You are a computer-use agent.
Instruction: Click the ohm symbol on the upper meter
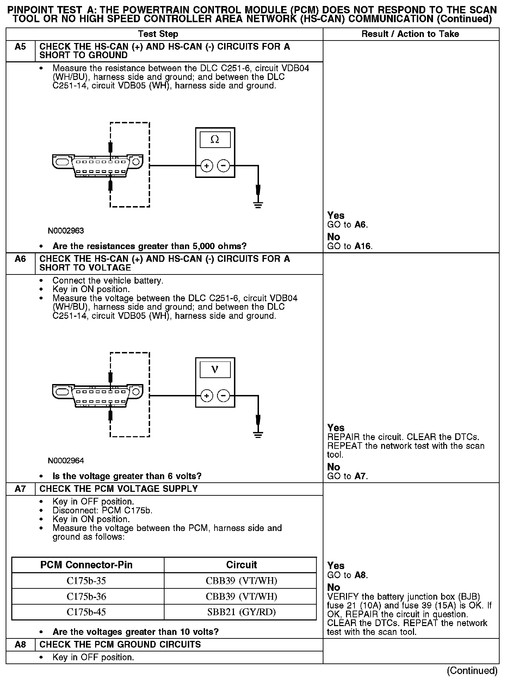click(215, 140)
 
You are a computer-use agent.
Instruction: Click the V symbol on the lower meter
click(215, 370)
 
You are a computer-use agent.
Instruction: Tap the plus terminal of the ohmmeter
click(207, 166)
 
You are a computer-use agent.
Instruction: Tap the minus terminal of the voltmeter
click(224, 396)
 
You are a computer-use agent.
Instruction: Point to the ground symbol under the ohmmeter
click(258, 204)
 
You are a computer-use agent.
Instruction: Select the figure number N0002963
click(66, 231)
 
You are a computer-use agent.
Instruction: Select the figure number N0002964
click(66, 460)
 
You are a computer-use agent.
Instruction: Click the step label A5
click(20, 47)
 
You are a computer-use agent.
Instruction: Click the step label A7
click(20, 489)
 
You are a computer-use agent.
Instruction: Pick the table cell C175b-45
click(86, 612)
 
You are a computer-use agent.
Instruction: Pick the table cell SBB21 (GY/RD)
click(241, 612)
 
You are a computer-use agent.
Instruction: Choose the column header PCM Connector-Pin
click(86, 565)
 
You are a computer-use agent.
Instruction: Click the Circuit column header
click(241, 565)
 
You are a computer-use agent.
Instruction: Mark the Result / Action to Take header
click(410, 34)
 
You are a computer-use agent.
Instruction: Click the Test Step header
click(158, 34)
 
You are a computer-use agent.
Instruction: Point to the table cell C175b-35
click(86, 581)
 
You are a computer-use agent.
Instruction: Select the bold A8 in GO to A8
click(361, 575)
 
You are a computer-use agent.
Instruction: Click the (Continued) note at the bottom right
click(472, 670)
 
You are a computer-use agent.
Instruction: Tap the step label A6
click(20, 259)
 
